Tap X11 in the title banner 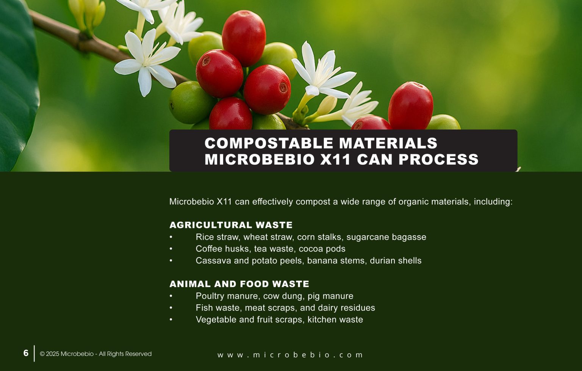[x=335, y=159]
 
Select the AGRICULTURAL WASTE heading [x=231, y=225]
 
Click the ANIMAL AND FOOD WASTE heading [x=239, y=284]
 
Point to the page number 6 [x=26, y=353]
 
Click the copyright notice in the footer [x=95, y=354]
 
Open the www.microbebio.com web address [x=290, y=355]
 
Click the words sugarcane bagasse [x=386, y=237]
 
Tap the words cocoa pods [x=322, y=249]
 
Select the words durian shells [x=396, y=261]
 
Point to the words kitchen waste [x=335, y=319]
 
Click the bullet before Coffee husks [x=171, y=249]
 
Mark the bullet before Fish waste [x=171, y=308]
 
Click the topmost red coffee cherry [x=244, y=38]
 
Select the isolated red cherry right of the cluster [x=410, y=105]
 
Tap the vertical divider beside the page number [x=34, y=353]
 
